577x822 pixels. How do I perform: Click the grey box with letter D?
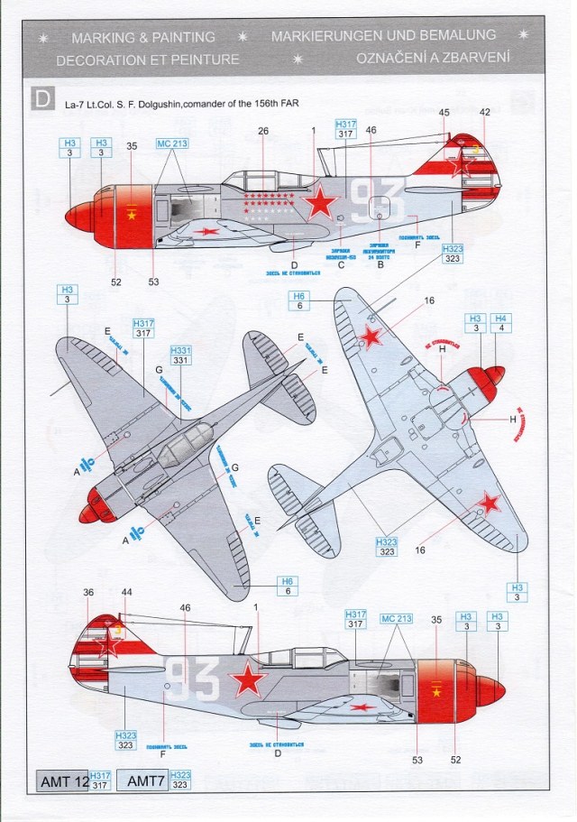42,98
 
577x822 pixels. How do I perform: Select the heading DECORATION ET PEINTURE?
148,60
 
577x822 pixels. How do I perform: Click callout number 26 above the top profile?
263,131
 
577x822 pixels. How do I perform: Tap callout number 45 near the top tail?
444,113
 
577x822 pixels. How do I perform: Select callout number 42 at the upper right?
485,113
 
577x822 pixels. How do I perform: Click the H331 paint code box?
180,355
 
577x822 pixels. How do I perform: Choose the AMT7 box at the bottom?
142,781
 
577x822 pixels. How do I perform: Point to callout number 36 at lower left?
87,593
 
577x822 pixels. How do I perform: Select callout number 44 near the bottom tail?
125,593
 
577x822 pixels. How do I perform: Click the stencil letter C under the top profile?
341,265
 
